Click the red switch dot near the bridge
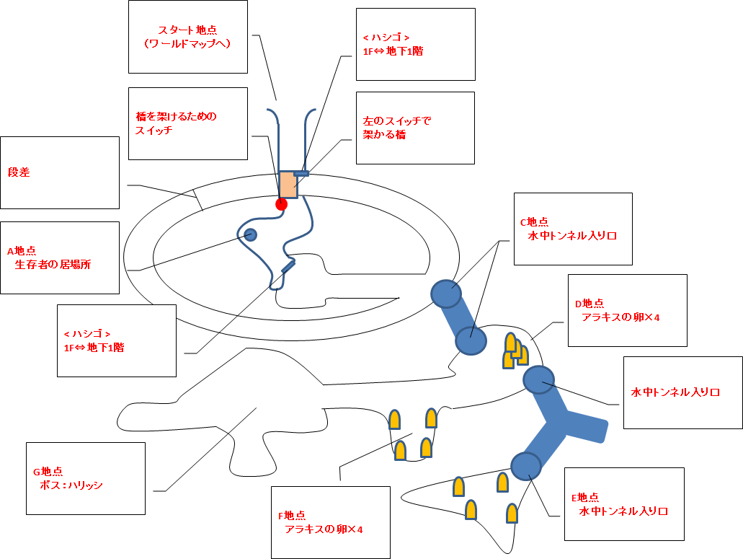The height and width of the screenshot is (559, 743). tap(281, 204)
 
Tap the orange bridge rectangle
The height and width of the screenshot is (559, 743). tap(288, 185)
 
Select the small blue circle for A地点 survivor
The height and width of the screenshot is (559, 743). tap(250, 234)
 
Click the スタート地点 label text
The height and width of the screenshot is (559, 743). tap(187, 37)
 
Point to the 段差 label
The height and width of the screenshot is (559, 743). tap(19, 173)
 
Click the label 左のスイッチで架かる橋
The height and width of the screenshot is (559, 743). tap(397, 128)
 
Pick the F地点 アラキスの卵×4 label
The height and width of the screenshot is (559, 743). tap(321, 522)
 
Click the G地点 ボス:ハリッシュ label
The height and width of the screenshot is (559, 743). tap(68, 478)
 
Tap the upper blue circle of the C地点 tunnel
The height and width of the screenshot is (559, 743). tap(445, 294)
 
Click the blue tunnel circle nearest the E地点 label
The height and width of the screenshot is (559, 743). tap(525, 465)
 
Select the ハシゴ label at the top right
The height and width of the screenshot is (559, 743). tap(392, 44)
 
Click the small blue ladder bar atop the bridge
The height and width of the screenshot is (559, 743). tap(301, 173)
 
